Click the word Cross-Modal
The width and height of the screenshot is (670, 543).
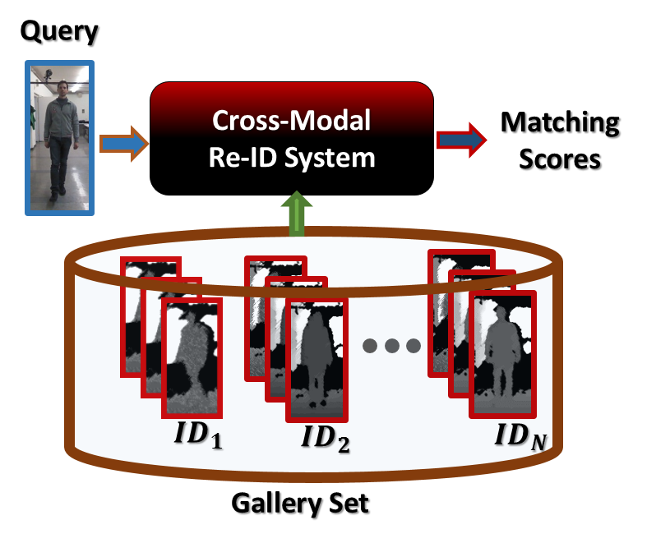(x=292, y=121)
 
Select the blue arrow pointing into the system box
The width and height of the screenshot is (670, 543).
(x=123, y=144)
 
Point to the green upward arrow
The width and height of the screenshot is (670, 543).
(x=297, y=214)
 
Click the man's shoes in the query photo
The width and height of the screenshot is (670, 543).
(x=55, y=195)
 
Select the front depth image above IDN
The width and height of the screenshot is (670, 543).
(x=501, y=353)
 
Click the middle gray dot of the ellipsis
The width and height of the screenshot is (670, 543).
(x=391, y=346)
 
